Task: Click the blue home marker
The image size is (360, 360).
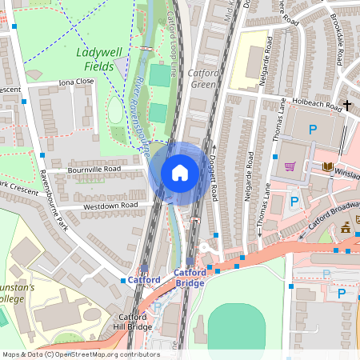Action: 180,173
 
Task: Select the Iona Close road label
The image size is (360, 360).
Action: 76,82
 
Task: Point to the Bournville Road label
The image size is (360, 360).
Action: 99,170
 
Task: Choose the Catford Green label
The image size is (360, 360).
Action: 202,78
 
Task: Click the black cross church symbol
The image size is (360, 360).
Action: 347,105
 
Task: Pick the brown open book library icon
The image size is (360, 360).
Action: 327,166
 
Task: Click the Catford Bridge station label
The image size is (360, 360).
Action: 190,278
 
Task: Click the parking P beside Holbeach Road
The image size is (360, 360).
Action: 313,129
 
